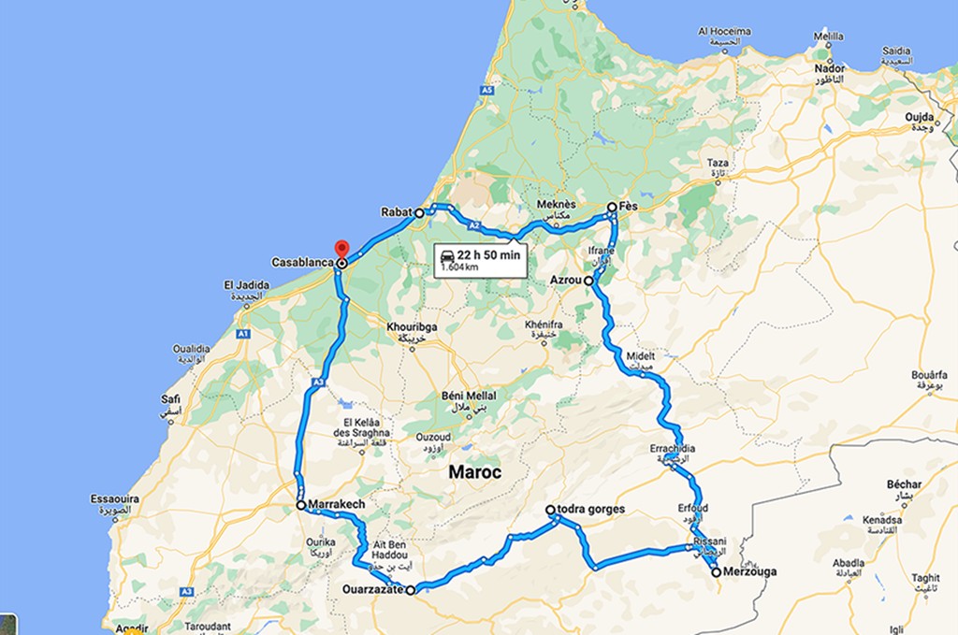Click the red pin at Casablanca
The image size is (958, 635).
[x=342, y=250]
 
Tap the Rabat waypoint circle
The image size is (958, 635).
[x=420, y=213]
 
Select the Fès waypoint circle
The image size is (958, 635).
[x=611, y=207]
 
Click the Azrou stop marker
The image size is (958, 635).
[x=588, y=280]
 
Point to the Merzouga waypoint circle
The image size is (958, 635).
[x=716, y=572]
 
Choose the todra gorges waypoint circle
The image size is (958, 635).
[x=551, y=510]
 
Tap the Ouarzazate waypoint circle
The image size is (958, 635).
[x=411, y=589]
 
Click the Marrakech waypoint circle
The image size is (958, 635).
[x=300, y=504]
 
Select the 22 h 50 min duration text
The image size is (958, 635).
[x=488, y=253]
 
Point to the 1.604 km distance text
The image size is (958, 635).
[x=461, y=267]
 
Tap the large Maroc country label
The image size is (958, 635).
[x=474, y=472]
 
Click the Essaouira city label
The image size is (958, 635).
[x=115, y=499]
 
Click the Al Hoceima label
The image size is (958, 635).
[x=723, y=31]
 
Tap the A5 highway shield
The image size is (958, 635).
[x=486, y=90]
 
